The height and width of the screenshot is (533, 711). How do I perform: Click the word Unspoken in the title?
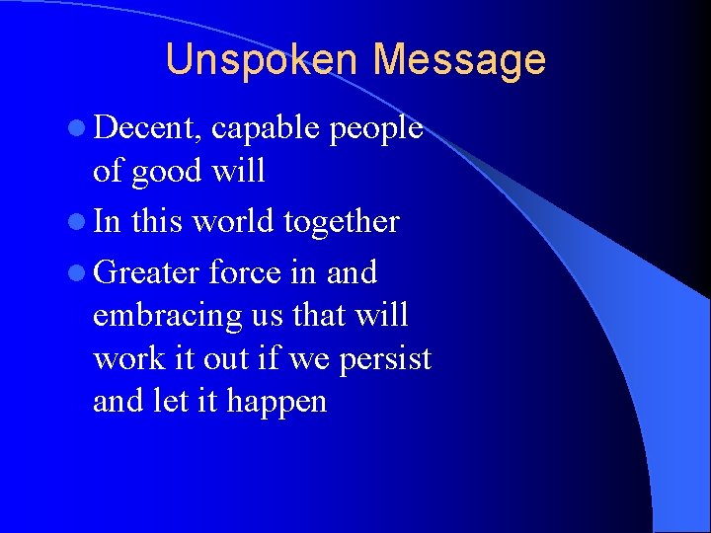264,60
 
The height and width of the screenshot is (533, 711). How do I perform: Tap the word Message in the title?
459,60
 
